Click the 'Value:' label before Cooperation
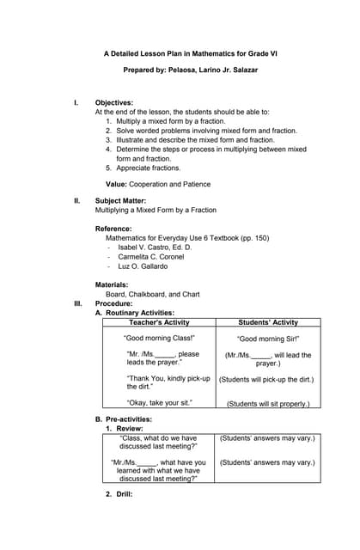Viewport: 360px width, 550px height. pyautogui.click(x=116, y=184)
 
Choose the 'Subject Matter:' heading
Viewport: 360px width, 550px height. pyautogui.click(x=120, y=200)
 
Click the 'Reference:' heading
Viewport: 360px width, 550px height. pyautogui.click(x=113, y=229)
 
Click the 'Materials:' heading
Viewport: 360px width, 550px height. pyautogui.click(x=112, y=284)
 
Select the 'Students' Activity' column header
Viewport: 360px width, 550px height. pyautogui.click(x=266, y=322)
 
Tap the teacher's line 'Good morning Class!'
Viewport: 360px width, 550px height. pyautogui.click(x=159, y=339)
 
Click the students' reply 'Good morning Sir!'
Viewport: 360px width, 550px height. pyautogui.click(x=267, y=339)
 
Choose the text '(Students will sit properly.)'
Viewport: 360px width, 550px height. pyautogui.click(x=267, y=403)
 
